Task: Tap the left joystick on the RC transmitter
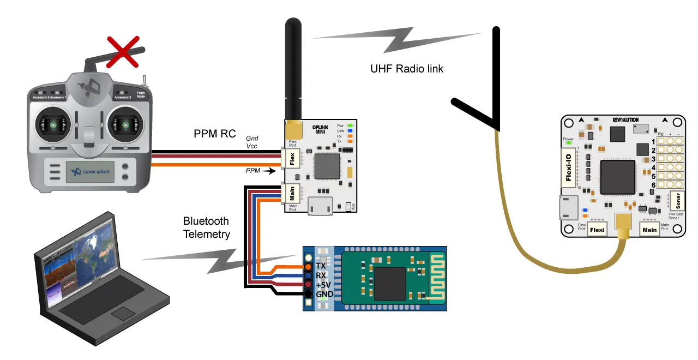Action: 54,125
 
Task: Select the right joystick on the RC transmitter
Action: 127,125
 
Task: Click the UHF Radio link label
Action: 406,69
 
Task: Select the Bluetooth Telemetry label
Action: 206,228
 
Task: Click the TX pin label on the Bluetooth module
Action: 321,266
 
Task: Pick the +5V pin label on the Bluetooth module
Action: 324,285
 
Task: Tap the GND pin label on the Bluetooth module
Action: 324,295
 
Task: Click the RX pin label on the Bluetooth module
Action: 321,275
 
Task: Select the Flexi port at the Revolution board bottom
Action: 598,230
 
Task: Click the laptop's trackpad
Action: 122,313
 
